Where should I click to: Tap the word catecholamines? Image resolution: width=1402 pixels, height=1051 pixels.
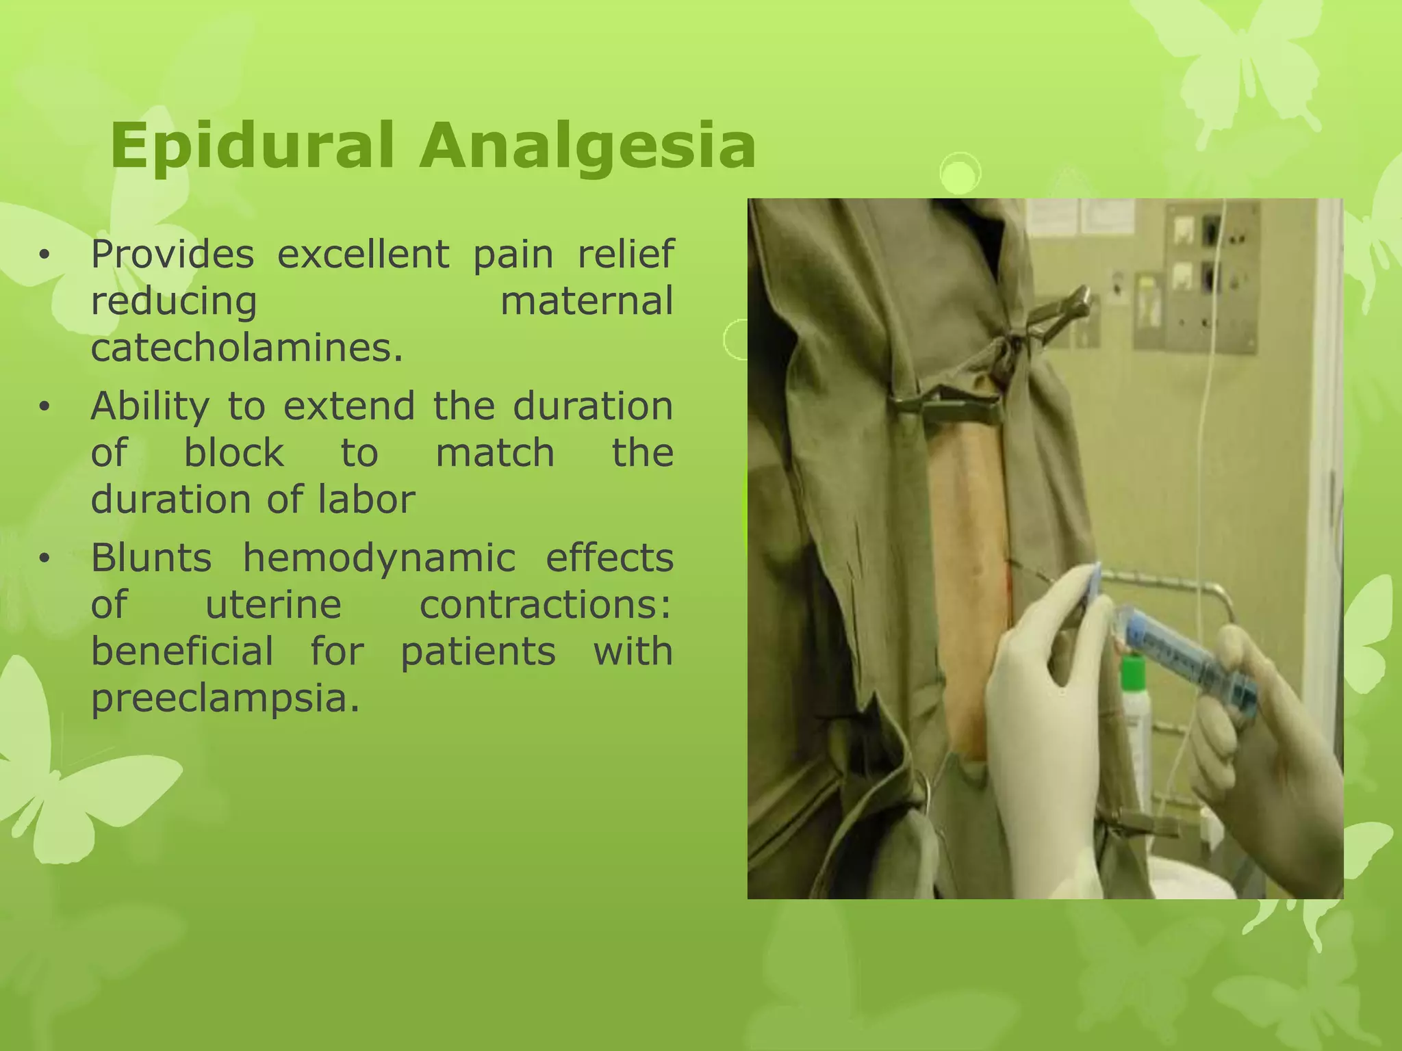click(246, 348)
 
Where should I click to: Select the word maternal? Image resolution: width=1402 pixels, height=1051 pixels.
click(587, 301)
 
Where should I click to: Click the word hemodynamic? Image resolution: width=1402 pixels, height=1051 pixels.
click(379, 558)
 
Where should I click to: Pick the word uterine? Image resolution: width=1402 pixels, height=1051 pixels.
click(273, 605)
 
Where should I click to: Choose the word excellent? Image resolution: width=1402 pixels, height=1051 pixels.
click(363, 255)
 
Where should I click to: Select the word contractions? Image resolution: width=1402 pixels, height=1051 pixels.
click(545, 605)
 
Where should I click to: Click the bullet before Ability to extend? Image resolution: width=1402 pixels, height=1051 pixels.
click(45, 407)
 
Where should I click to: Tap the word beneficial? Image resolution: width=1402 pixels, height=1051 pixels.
click(182, 651)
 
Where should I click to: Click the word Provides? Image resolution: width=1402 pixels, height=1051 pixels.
click(172, 255)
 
